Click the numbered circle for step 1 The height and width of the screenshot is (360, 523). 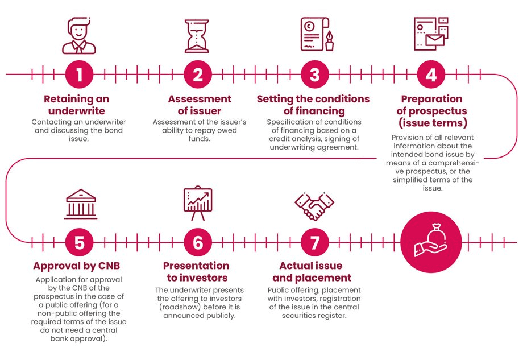[80, 75]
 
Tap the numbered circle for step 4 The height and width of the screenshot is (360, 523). [431, 75]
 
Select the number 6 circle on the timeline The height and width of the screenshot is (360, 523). [198, 242]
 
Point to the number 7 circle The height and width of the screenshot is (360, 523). [314, 242]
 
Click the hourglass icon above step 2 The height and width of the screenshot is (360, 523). [197, 36]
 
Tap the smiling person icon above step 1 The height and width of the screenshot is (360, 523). [79, 36]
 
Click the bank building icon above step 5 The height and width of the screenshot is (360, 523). [81, 204]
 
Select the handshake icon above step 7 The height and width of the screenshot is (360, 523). [314, 206]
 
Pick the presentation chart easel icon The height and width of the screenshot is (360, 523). [198, 203]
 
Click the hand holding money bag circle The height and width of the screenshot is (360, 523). [431, 242]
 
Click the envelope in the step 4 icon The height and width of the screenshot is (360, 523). [435, 40]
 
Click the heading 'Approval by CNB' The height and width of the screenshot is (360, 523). [76, 266]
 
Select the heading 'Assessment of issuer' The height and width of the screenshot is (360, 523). [200, 105]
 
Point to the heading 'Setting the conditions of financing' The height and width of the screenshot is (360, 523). [313, 105]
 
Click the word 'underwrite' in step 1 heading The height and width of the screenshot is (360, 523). [77, 111]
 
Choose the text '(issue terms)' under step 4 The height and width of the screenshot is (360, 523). [433, 123]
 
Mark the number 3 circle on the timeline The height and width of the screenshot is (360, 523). [314, 75]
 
